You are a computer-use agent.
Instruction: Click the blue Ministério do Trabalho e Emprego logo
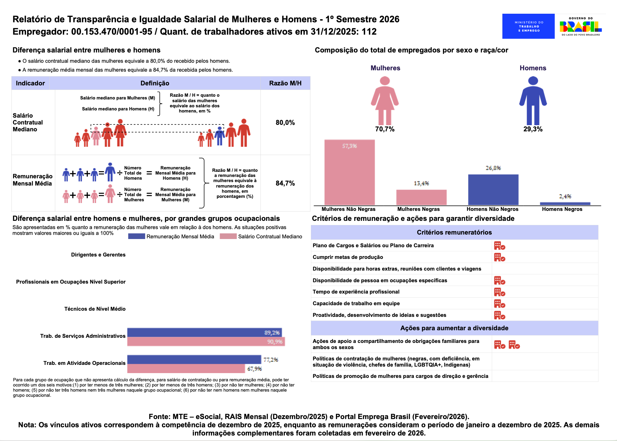click(528, 26)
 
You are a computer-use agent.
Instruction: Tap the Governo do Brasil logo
click(581, 26)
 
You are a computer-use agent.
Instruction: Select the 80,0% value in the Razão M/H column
click(285, 122)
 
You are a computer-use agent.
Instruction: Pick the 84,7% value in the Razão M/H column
click(285, 183)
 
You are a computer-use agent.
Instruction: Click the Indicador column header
click(30, 83)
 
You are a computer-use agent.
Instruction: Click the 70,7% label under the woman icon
click(385, 129)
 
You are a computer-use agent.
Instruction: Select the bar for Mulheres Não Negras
click(349, 172)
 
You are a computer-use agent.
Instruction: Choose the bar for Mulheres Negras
click(421, 197)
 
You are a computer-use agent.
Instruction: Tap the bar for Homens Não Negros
click(493, 190)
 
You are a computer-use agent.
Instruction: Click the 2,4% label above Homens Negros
click(565, 196)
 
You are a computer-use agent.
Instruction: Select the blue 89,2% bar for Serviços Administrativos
click(204, 332)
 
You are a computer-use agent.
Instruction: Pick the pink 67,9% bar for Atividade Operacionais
click(186, 369)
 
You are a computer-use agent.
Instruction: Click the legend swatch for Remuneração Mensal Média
click(136, 236)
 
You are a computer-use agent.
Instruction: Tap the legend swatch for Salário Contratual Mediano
click(228, 236)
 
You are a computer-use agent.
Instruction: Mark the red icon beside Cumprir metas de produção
click(499, 257)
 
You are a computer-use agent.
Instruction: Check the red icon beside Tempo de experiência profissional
click(499, 292)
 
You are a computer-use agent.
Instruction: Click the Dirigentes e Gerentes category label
click(98, 255)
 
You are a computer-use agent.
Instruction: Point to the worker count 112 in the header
click(369, 32)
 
